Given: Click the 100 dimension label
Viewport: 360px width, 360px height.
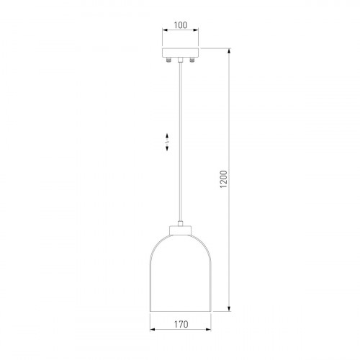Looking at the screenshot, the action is tap(181, 25).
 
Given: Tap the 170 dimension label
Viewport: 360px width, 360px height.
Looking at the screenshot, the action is tap(181, 325).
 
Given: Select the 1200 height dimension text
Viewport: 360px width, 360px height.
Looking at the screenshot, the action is tap(223, 179).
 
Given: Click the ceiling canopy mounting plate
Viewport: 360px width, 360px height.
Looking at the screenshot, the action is tap(180, 53).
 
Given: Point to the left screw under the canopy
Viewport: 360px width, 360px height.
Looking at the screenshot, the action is tap(169, 60).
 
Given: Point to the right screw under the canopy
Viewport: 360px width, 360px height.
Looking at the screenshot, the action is tap(192, 60).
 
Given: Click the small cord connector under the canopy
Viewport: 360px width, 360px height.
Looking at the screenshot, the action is tap(180, 60).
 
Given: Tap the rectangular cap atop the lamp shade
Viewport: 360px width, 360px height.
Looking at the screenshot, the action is tap(181, 230).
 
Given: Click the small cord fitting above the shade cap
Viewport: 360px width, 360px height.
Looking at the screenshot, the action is tap(181, 223).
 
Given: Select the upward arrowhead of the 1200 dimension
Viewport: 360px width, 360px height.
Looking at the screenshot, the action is tap(229, 50).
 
